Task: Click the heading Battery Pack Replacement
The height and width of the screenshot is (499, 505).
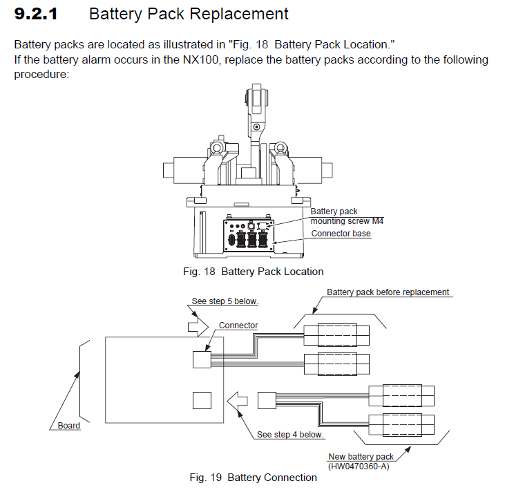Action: click(x=189, y=14)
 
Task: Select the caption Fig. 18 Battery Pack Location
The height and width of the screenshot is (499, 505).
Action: click(x=253, y=272)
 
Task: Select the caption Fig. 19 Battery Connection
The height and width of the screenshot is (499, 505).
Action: click(x=253, y=478)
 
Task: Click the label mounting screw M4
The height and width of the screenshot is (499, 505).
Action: click(x=347, y=221)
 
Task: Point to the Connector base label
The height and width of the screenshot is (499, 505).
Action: click(x=341, y=234)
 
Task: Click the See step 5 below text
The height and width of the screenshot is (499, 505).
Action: click(x=219, y=301)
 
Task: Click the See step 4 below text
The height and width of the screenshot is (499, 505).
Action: click(x=290, y=435)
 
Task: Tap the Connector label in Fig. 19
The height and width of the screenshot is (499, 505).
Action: click(x=238, y=325)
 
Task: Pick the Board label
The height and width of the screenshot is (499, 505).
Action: click(x=68, y=426)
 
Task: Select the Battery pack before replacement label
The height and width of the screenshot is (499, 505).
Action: click(x=388, y=292)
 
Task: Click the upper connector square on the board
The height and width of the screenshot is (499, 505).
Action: click(x=202, y=358)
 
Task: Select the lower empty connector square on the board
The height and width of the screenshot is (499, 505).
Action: click(x=202, y=401)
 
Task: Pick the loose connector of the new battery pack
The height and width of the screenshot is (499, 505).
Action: click(x=267, y=401)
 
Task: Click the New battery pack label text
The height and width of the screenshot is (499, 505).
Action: click(x=361, y=457)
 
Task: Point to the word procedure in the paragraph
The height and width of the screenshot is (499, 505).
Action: click(x=41, y=74)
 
